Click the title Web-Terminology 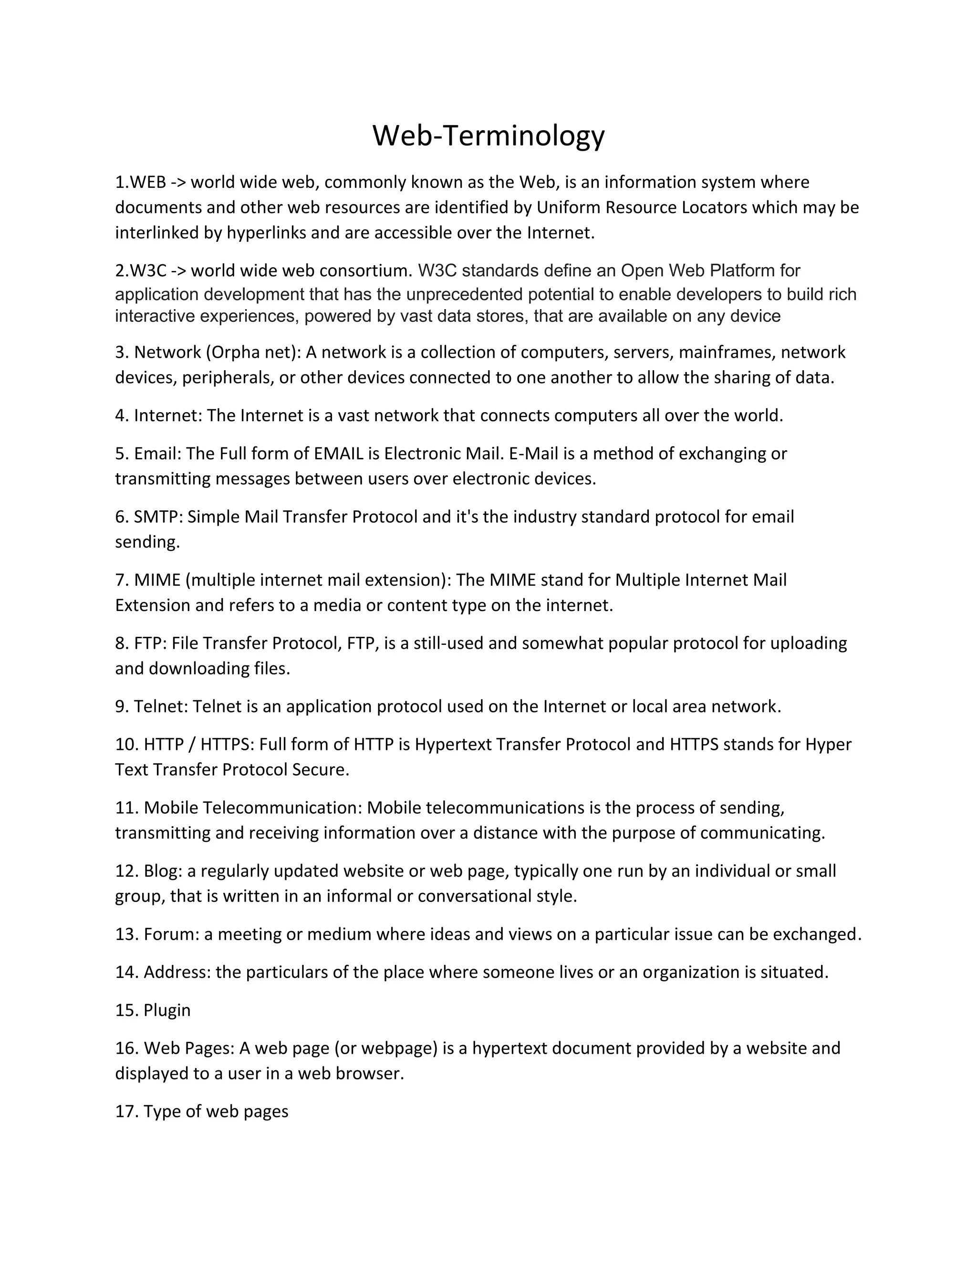(x=488, y=136)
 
